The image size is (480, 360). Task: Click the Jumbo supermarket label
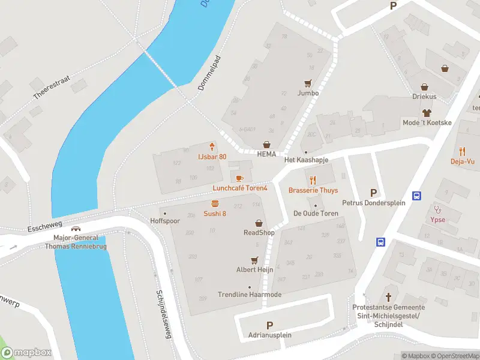click(x=308, y=93)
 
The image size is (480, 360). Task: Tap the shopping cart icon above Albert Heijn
click(x=254, y=260)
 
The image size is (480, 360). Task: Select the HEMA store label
click(x=267, y=154)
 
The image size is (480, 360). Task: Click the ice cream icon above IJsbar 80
click(x=212, y=147)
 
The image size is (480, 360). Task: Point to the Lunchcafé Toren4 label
click(x=239, y=188)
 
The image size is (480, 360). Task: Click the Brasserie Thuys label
click(x=313, y=190)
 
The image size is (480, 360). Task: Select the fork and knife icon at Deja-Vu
click(x=462, y=151)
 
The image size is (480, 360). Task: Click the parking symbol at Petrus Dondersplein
click(x=374, y=193)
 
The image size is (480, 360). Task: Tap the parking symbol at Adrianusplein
click(x=269, y=325)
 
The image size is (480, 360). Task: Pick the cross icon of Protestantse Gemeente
click(x=388, y=297)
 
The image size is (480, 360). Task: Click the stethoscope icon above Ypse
click(x=438, y=209)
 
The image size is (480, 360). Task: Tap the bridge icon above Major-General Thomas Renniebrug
click(x=76, y=229)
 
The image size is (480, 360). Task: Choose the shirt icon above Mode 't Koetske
click(x=427, y=113)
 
